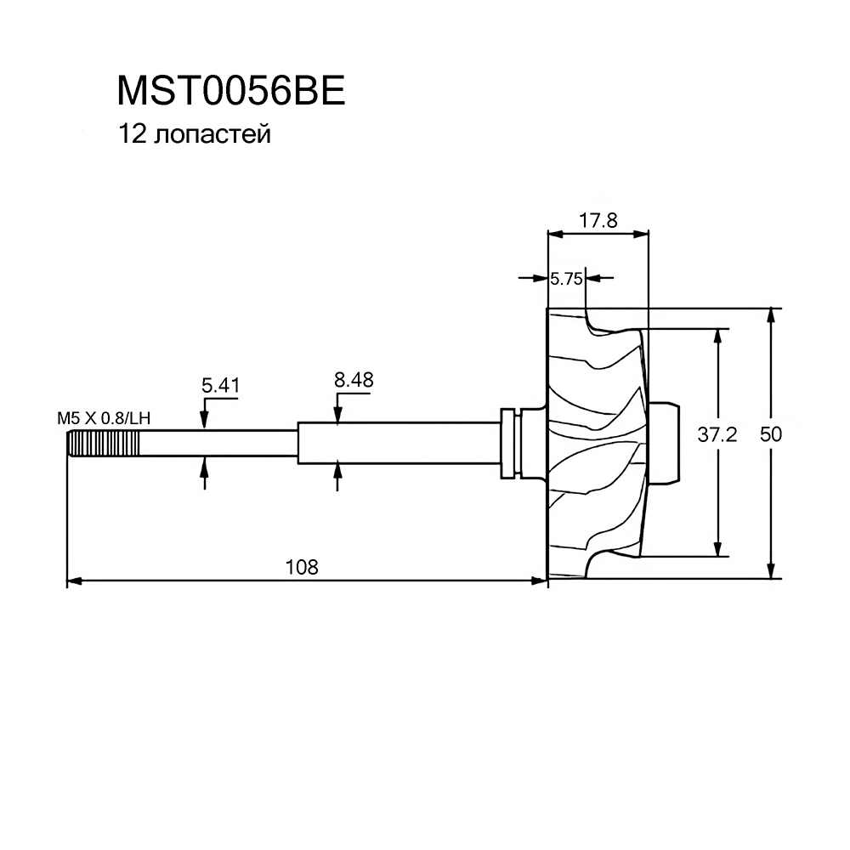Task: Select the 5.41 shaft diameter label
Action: click(220, 386)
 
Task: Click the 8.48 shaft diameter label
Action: click(354, 380)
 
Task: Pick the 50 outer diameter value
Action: click(771, 434)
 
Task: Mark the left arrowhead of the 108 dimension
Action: click(73, 581)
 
